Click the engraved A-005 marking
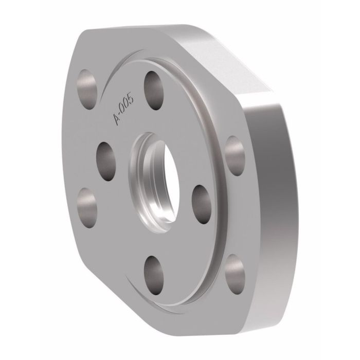pyautogui.click(x=123, y=105)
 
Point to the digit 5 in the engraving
pyautogui.click(x=131, y=91)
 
